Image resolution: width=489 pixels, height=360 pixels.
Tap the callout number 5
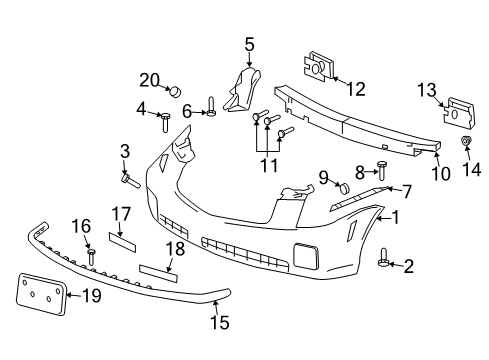[249, 43]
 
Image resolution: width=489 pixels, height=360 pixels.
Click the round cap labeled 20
[176, 91]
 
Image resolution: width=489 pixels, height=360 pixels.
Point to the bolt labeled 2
[384, 264]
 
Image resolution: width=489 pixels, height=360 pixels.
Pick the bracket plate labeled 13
[456, 111]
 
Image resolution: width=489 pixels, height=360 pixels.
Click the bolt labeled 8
[382, 167]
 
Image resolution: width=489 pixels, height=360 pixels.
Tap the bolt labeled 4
[165, 124]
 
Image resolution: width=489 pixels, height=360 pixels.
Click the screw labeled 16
[91, 257]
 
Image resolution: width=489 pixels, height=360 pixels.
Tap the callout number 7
[405, 190]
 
